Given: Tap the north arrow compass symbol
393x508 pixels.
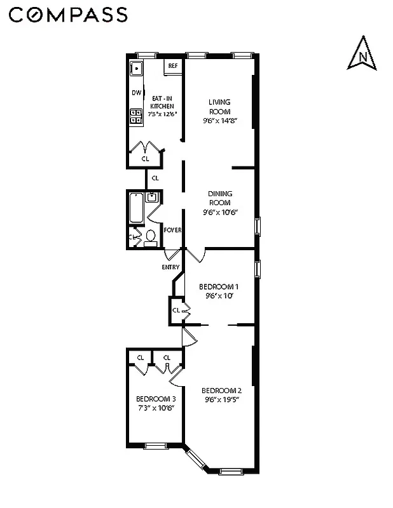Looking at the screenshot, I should [362, 54].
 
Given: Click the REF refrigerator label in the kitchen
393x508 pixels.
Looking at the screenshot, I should [172, 65].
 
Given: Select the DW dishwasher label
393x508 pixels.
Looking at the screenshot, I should [136, 93].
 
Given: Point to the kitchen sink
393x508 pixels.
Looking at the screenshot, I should [136, 69].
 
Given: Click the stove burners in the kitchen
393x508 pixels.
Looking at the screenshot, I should [136, 116].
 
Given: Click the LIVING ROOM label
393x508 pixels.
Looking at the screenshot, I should [219, 106].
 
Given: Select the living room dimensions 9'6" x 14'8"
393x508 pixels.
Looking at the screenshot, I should [219, 120].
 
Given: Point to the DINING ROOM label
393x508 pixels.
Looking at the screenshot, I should [219, 198].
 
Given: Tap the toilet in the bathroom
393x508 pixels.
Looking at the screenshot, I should [151, 237].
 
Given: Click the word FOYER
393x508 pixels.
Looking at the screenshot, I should [172, 230].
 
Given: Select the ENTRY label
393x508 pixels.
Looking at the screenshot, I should [170, 267].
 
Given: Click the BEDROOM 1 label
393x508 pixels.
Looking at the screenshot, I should [219, 286].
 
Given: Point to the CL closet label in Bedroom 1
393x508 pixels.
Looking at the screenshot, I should [176, 311].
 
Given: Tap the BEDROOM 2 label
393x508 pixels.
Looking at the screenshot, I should [221, 390].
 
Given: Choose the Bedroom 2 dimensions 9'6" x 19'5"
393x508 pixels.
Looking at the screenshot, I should [221, 399].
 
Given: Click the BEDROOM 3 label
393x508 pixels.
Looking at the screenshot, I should [156, 399].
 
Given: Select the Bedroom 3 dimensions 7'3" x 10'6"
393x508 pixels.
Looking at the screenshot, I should [156, 408].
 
